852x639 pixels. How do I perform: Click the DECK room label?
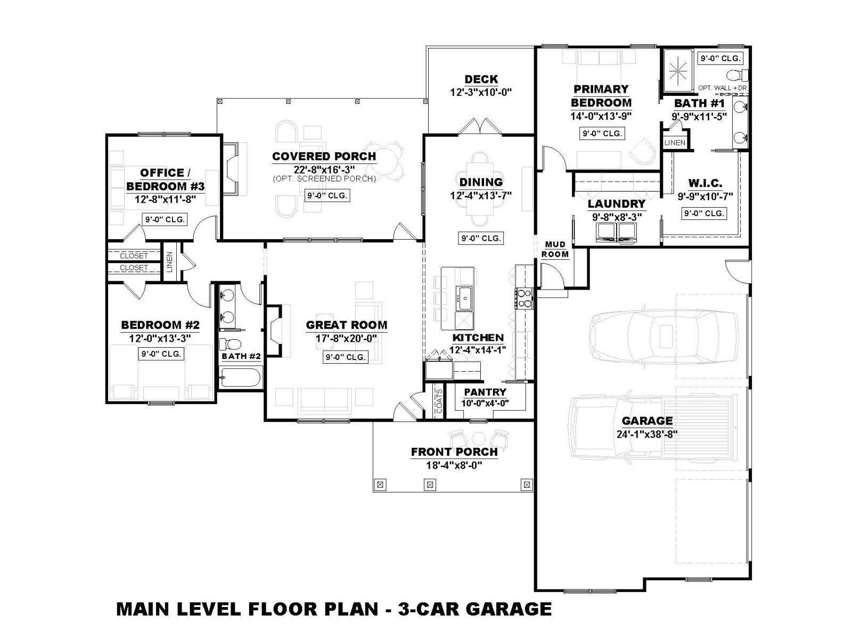[481, 79]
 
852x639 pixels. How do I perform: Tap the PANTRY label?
[485, 392]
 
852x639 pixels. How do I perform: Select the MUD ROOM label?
[555, 249]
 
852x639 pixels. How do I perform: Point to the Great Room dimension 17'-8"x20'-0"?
[346, 339]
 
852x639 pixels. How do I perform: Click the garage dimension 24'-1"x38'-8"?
[647, 434]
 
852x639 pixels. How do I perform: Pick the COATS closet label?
[439, 401]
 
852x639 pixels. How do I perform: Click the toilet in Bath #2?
[231, 344]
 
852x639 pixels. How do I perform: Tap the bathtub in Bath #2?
[240, 377]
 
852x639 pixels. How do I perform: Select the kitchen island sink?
[464, 298]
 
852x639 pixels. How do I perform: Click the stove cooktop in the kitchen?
[525, 298]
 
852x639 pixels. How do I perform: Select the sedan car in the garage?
[663, 337]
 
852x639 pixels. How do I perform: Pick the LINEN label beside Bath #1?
[675, 142]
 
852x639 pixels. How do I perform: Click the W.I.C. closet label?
[705, 183]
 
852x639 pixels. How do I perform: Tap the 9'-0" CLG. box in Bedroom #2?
[161, 354]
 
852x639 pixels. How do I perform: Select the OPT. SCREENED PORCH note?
[324, 179]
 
